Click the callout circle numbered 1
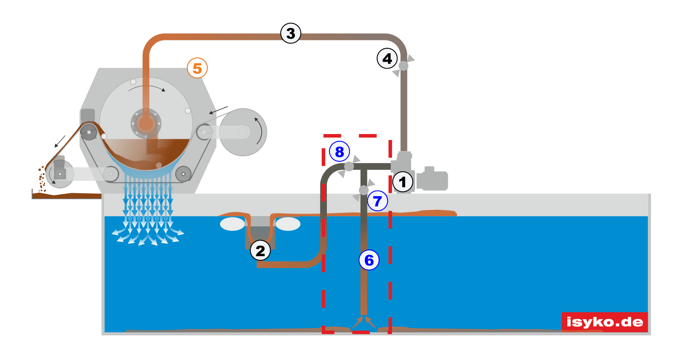pyautogui.click(x=402, y=182)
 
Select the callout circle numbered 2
pyautogui.click(x=260, y=250)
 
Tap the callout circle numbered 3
pyautogui.click(x=291, y=33)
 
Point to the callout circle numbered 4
pyautogui.click(x=387, y=58)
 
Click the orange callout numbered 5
pyautogui.click(x=197, y=68)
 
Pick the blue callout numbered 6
pyautogui.click(x=369, y=260)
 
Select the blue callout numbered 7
pyautogui.click(x=378, y=201)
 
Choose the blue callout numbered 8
pyautogui.click(x=339, y=151)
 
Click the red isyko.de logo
pyautogui.click(x=604, y=322)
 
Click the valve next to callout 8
pyautogui.click(x=349, y=166)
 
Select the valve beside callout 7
pyautogui.click(x=364, y=190)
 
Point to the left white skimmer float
pyautogui.click(x=232, y=224)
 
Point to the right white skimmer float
pyautogui.click(x=288, y=224)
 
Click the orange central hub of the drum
pyautogui.click(x=146, y=123)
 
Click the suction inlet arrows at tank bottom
pyautogui.click(x=364, y=322)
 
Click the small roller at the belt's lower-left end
pyautogui.click(x=60, y=174)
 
